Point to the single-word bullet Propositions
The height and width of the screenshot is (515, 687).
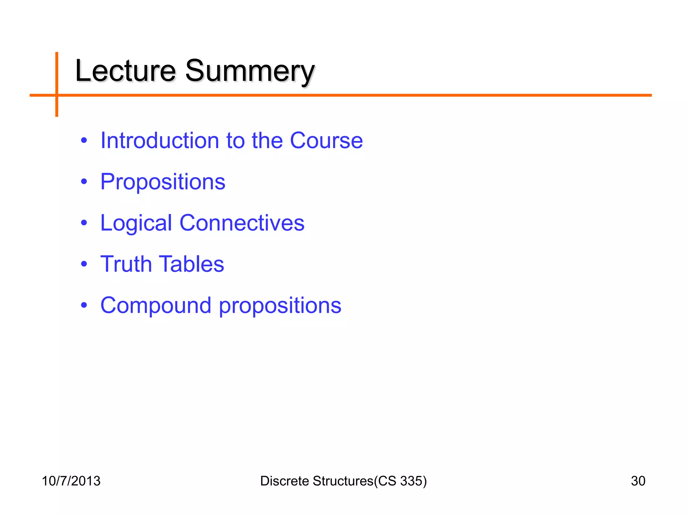pyautogui.click(x=163, y=182)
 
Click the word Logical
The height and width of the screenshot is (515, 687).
pyautogui.click(x=136, y=223)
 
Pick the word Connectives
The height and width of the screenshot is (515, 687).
pyautogui.click(x=242, y=223)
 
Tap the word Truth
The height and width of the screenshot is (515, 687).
pyautogui.click(x=126, y=264)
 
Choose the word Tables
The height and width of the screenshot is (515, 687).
pyautogui.click(x=191, y=264)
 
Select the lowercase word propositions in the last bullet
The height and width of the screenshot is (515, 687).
pyautogui.click(x=280, y=306)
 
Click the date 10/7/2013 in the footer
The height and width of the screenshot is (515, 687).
pyautogui.click(x=71, y=481)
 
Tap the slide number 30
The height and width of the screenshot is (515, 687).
pyautogui.click(x=638, y=481)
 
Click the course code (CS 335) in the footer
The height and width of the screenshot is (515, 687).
pyautogui.click(x=401, y=481)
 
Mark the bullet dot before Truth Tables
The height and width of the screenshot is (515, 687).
pyautogui.click(x=84, y=264)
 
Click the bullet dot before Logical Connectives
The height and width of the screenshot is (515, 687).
pyautogui.click(x=84, y=223)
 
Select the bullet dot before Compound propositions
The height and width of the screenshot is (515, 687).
pyautogui.click(x=84, y=305)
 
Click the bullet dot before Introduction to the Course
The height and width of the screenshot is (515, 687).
pyautogui.click(x=84, y=140)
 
